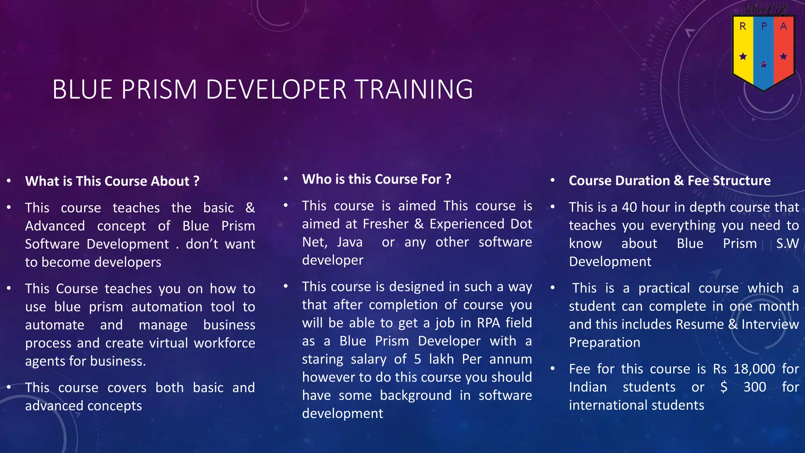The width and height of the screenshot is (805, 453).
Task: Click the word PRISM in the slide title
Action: pos(159,89)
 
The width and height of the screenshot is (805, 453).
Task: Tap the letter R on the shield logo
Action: pos(743,27)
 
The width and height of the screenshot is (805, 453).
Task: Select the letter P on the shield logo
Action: pos(764,27)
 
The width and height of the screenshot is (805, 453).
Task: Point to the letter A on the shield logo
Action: pos(783,27)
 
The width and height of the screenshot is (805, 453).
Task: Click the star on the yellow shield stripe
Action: pos(743,57)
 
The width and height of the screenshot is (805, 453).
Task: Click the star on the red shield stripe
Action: pos(783,57)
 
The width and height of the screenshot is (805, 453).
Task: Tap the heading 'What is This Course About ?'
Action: pos(112,181)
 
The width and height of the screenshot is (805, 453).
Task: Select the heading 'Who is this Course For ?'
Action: pos(376,179)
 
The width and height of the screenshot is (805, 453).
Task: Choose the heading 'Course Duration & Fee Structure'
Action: pos(669,180)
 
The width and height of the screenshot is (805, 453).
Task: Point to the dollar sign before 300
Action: pos(724,387)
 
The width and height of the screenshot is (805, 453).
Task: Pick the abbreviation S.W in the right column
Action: pos(787,243)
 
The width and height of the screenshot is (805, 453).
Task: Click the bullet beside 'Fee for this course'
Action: pos(552,368)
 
